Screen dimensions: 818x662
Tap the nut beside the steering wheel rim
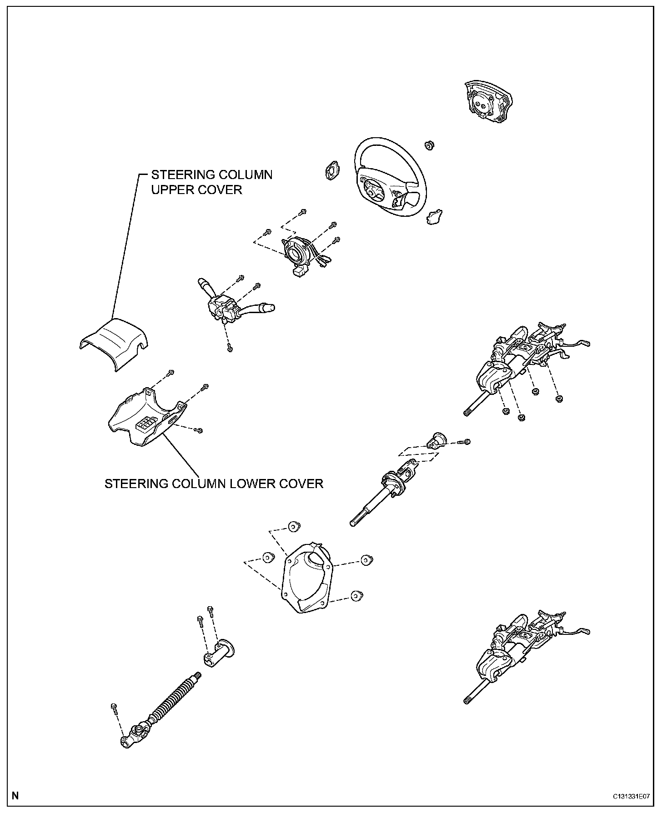pos(428,145)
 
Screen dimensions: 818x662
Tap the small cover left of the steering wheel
pos(331,170)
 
